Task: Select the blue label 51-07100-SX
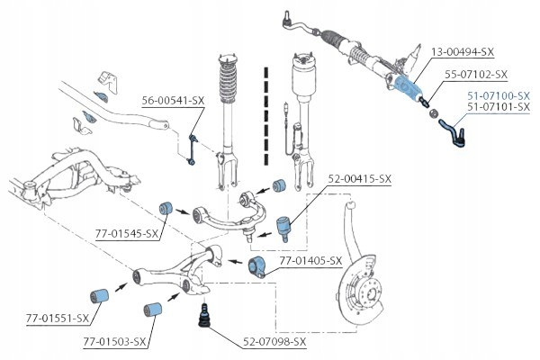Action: point(499,95)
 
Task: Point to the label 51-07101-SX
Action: point(499,108)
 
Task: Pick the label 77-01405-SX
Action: point(310,261)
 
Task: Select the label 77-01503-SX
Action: point(115,343)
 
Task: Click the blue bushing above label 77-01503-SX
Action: point(152,309)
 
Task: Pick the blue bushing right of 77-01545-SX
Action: point(166,209)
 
